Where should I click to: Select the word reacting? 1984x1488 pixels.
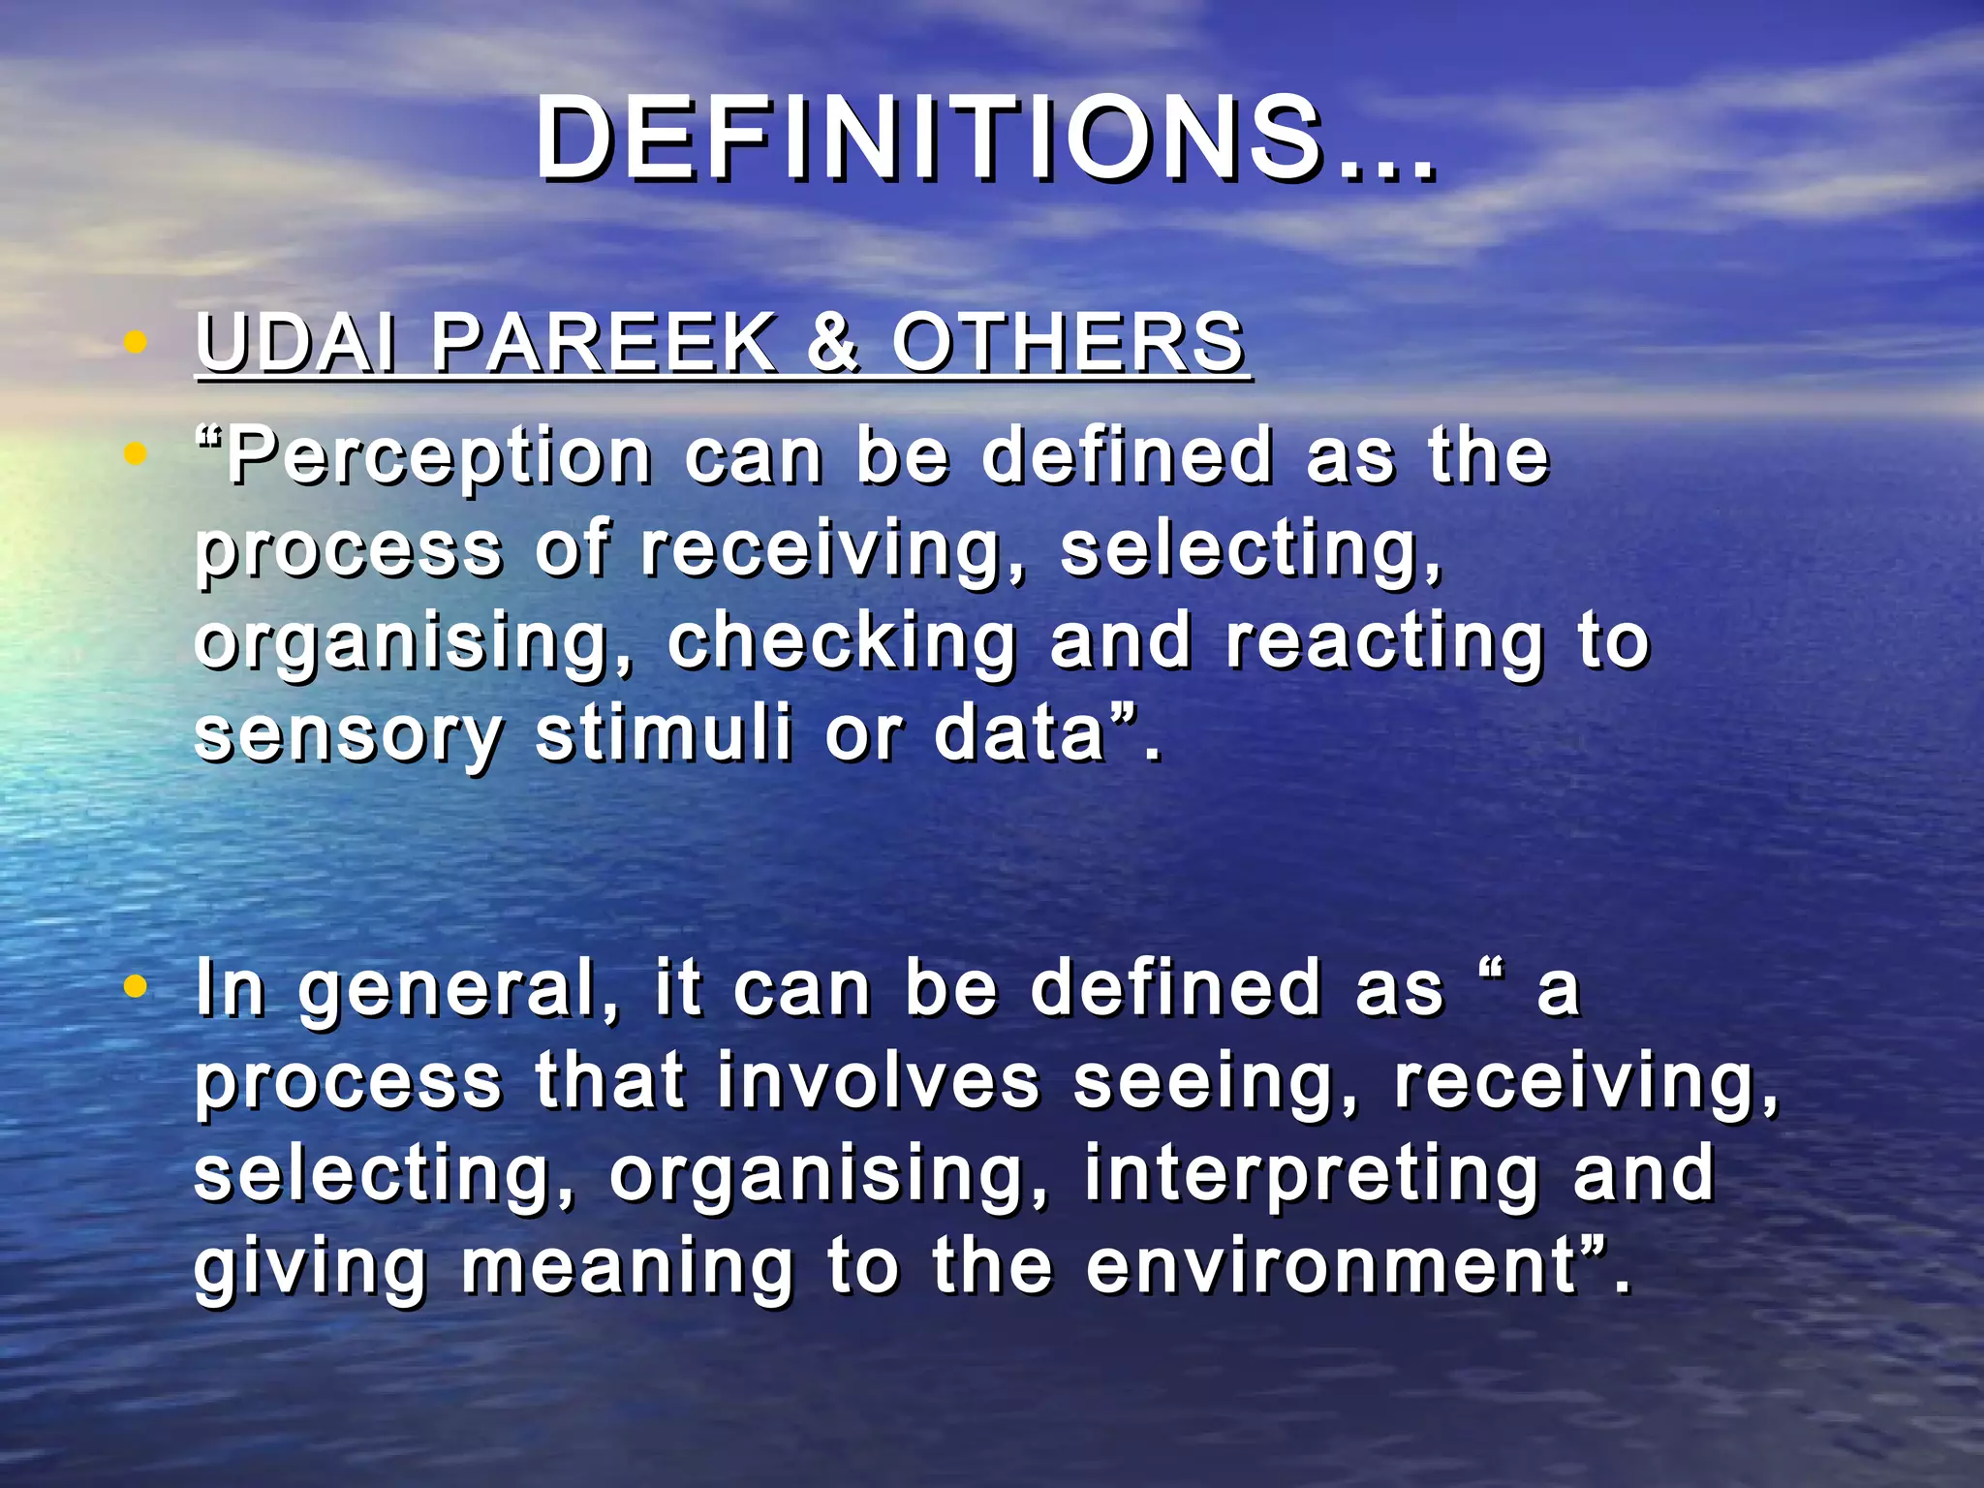point(1385,641)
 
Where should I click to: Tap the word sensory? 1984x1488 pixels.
point(349,734)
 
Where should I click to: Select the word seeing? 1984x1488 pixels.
point(1216,1083)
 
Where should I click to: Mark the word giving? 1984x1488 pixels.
point(310,1267)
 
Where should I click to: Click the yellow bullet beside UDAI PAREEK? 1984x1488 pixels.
point(137,342)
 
